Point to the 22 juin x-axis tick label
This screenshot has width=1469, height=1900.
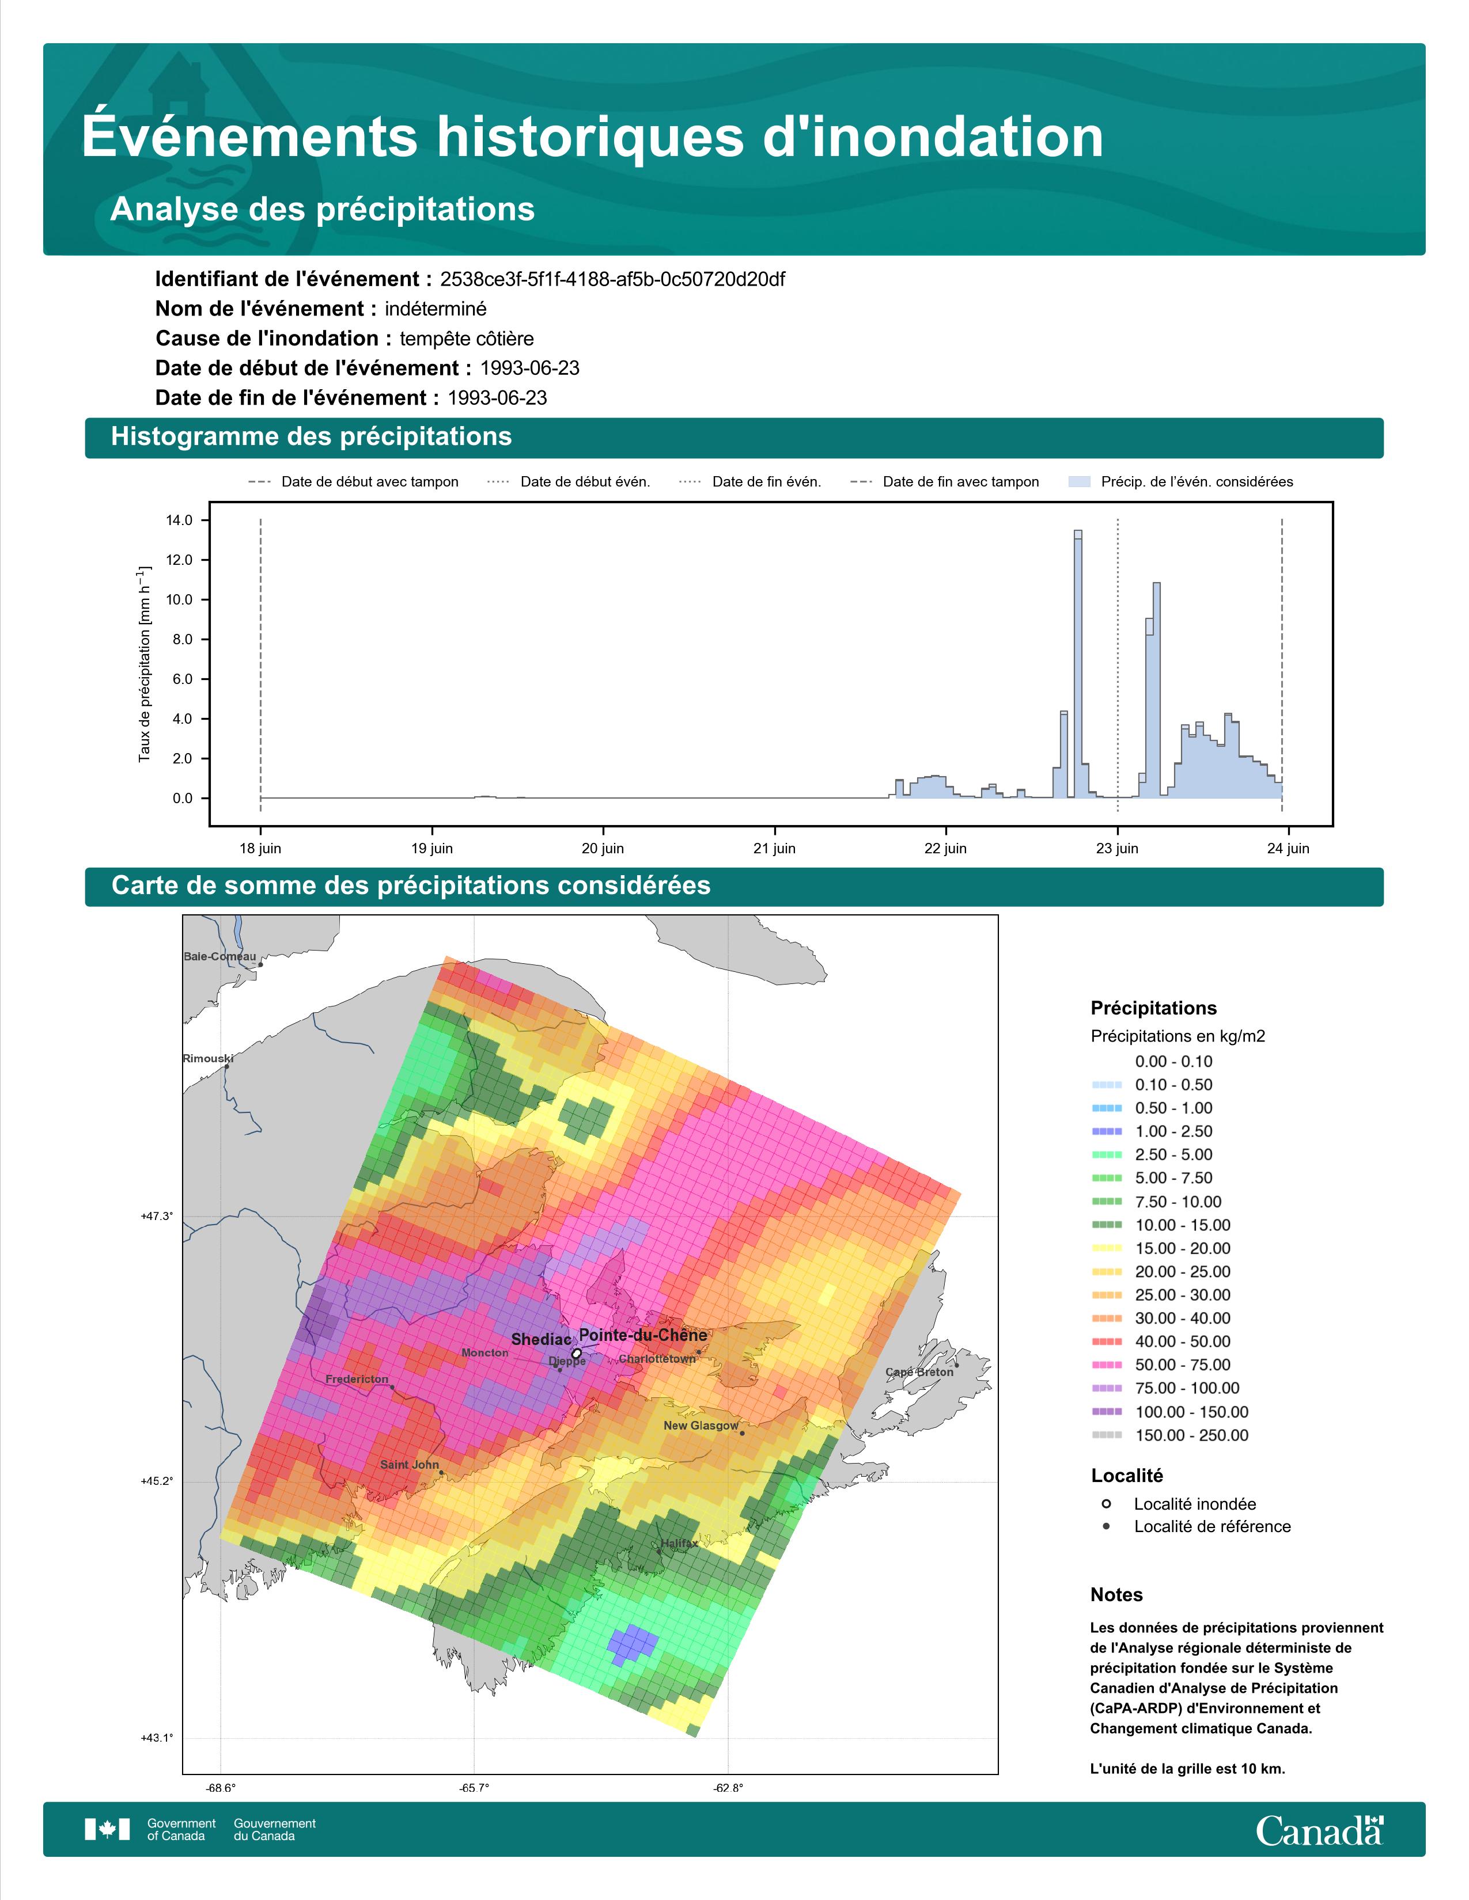(x=945, y=848)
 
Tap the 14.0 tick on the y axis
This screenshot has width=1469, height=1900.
(x=179, y=520)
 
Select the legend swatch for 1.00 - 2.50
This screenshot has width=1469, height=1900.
(x=1107, y=1131)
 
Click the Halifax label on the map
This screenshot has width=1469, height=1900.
(x=679, y=1543)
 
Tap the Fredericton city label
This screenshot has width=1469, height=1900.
(x=357, y=1379)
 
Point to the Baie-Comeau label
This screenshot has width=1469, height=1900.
(x=219, y=956)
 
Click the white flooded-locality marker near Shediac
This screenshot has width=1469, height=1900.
(x=576, y=1354)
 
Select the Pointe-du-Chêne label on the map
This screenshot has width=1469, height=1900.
(x=643, y=1335)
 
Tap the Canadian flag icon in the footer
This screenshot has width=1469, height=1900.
(x=107, y=1830)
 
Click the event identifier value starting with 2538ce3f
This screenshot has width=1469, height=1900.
(x=613, y=279)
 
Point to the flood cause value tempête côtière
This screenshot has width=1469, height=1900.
(x=467, y=339)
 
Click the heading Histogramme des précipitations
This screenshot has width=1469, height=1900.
(x=312, y=437)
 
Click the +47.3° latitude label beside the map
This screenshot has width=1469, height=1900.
(x=157, y=1216)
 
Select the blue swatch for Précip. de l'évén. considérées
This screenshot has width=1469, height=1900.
(x=1079, y=482)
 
